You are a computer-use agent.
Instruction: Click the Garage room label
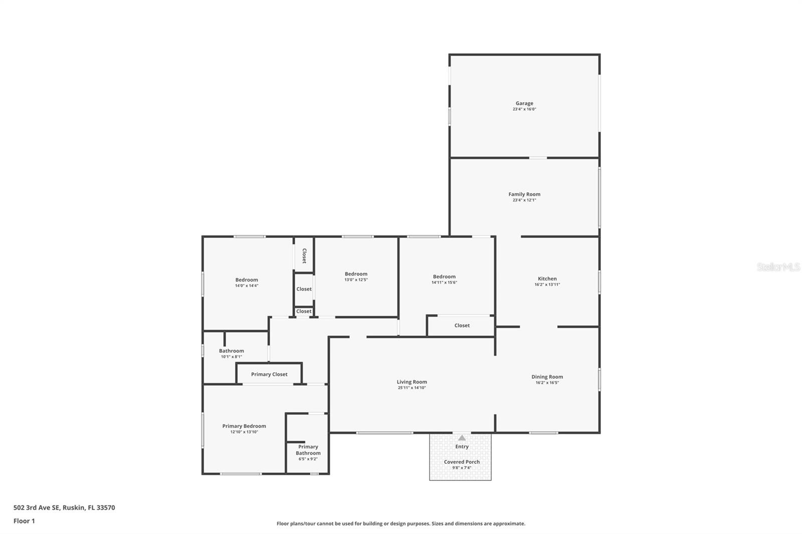point(524,103)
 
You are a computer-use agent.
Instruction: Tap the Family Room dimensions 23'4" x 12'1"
point(524,200)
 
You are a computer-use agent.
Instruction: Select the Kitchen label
point(547,279)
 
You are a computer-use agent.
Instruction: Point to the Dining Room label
point(547,377)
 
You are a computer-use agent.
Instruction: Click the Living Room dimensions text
point(412,388)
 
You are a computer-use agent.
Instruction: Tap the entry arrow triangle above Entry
point(462,438)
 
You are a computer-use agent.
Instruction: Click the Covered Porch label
point(462,462)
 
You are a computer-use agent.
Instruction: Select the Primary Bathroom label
point(308,450)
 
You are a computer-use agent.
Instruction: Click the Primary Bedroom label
point(244,426)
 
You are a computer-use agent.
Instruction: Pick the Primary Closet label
point(269,374)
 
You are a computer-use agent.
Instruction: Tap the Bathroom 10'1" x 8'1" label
point(231,354)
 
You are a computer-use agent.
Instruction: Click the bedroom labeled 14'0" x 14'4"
point(247,283)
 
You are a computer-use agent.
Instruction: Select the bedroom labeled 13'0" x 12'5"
point(356,277)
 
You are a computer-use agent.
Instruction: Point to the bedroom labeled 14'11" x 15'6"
point(444,279)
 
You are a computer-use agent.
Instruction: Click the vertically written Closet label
point(304,255)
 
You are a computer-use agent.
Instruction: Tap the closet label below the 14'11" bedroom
point(462,326)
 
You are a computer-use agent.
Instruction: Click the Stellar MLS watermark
point(778,267)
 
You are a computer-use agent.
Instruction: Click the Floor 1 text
point(24,521)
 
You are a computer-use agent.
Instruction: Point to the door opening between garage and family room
point(538,158)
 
